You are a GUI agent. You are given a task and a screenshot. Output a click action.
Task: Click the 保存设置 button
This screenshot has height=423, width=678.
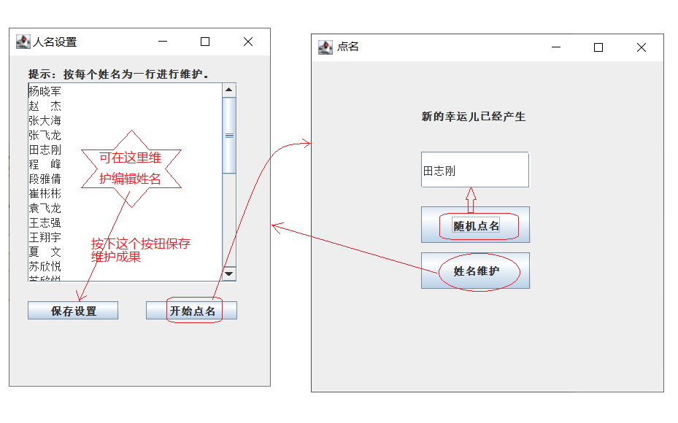(x=73, y=311)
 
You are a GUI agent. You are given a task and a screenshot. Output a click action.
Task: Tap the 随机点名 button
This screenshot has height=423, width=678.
(x=475, y=225)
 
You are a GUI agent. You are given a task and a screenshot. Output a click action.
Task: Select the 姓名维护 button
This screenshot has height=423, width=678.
(x=475, y=271)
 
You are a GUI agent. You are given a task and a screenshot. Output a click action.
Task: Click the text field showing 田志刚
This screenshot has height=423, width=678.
(x=474, y=171)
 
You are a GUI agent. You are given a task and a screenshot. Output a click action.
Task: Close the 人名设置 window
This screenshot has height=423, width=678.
(x=248, y=42)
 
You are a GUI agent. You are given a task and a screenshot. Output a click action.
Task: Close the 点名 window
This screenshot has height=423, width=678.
(x=641, y=47)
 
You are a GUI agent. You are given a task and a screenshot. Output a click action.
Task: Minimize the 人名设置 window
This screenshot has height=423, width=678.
(x=163, y=42)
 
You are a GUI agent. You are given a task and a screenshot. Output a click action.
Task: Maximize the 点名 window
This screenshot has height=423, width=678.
(x=598, y=47)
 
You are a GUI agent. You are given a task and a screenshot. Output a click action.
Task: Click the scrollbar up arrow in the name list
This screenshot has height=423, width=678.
(x=229, y=90)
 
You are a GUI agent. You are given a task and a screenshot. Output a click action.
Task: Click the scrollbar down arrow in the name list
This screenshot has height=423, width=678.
(x=229, y=273)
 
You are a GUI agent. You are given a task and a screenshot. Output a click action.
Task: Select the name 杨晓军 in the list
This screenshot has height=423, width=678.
(x=45, y=91)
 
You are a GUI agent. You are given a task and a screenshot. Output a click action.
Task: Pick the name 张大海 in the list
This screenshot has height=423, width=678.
(x=45, y=120)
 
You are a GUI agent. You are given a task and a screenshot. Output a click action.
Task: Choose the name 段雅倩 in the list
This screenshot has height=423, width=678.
(x=45, y=179)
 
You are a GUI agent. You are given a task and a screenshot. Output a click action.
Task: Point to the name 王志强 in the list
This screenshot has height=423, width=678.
(x=45, y=223)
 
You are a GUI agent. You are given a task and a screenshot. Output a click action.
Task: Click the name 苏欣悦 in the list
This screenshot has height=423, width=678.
(x=45, y=267)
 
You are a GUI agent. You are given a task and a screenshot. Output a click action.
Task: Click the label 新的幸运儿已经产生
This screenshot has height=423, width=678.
(x=474, y=117)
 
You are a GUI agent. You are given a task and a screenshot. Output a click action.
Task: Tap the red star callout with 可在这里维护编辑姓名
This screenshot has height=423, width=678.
(x=131, y=168)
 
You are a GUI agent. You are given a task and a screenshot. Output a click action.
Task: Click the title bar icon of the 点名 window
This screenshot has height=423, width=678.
(x=325, y=47)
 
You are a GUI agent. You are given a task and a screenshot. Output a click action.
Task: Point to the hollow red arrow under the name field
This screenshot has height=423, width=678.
(x=471, y=199)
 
